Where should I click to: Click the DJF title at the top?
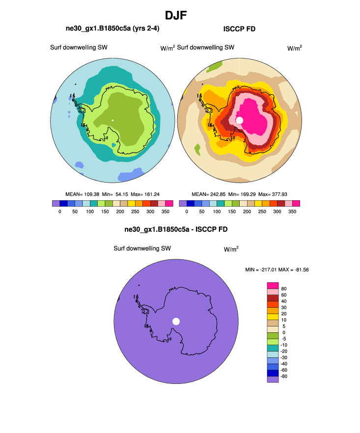175,15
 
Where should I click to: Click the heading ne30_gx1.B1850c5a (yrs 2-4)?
112,29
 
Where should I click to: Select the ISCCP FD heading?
239,29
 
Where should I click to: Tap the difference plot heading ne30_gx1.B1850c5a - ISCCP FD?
175,229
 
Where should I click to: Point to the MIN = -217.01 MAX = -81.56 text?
277,270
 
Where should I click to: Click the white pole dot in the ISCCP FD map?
240,120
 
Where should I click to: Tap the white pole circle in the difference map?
176,321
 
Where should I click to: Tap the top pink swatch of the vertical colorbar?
273,285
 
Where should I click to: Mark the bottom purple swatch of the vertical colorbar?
273,379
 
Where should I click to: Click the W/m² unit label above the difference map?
231,249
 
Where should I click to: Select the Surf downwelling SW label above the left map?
79,48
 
